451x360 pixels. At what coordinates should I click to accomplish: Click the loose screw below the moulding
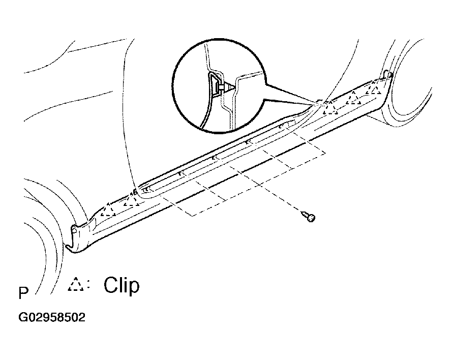[x=308, y=216]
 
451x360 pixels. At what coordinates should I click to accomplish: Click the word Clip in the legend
[x=122, y=285]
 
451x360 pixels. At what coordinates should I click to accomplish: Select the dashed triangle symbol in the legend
[x=76, y=284]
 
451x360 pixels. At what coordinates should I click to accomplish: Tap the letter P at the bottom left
[x=23, y=293]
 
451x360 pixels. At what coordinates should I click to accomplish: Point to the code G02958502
[x=52, y=318]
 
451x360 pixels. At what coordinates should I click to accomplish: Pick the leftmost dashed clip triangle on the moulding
[x=108, y=209]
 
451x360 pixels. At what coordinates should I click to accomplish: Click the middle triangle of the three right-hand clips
[x=353, y=98]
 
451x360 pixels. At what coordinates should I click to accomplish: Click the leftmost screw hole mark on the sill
[x=146, y=190]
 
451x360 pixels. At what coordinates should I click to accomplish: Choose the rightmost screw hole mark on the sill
[x=281, y=126]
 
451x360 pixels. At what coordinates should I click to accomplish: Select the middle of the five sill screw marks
[x=213, y=158]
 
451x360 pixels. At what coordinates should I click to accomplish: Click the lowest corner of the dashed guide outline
[x=192, y=216]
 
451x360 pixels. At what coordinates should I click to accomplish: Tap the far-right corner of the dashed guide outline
[x=325, y=153]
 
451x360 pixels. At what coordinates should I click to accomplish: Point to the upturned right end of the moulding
[x=388, y=74]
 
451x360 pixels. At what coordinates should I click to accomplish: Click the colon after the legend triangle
[x=88, y=285]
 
